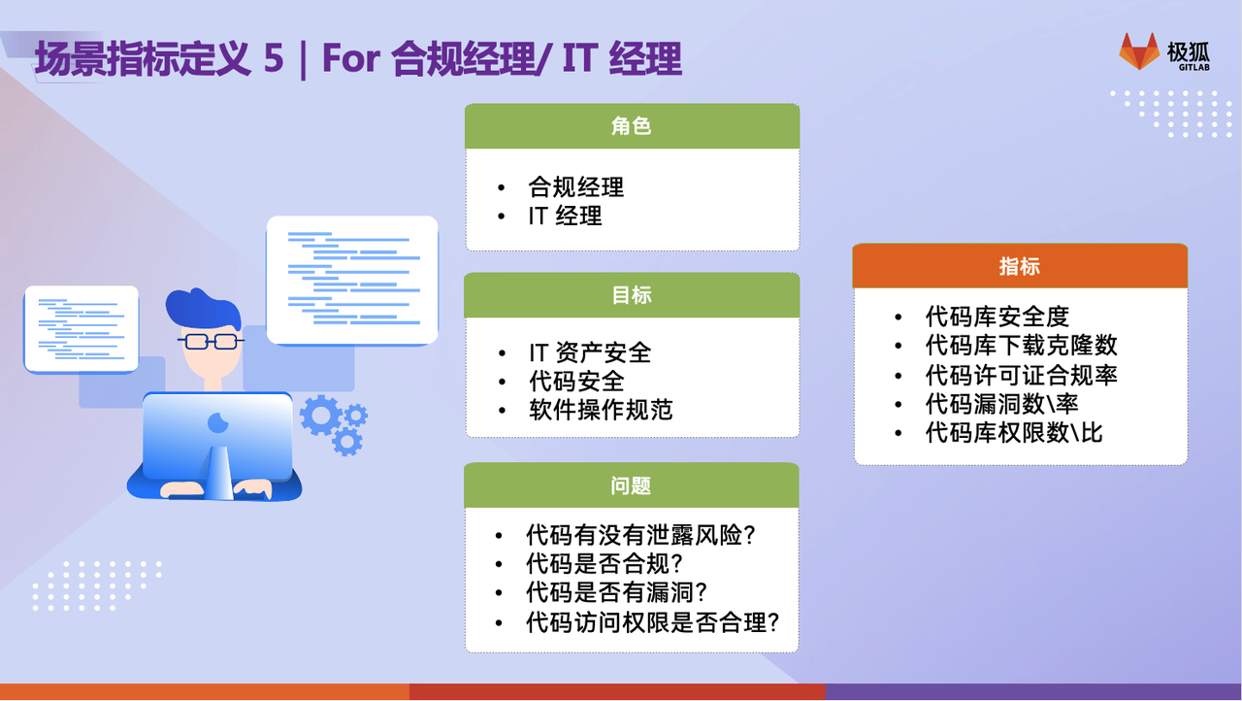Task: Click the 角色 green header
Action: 632,126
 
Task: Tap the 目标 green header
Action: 632,295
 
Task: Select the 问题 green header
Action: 632,485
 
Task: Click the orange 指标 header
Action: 1020,266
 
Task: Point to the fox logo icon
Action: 1139,51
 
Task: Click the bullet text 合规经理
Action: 576,187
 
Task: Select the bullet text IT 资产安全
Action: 590,352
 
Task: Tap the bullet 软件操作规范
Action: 601,410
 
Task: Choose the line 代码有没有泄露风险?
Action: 640,535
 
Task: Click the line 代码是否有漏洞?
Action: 616,593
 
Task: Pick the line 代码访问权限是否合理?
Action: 653,622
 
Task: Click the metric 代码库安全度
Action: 997,317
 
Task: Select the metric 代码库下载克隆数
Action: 1022,346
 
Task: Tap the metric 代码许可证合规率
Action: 1022,375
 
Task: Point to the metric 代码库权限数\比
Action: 1014,433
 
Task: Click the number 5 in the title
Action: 274,57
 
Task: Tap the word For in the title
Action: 351,57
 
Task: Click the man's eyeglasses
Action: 211,341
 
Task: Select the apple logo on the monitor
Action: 217,422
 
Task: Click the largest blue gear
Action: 320,416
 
